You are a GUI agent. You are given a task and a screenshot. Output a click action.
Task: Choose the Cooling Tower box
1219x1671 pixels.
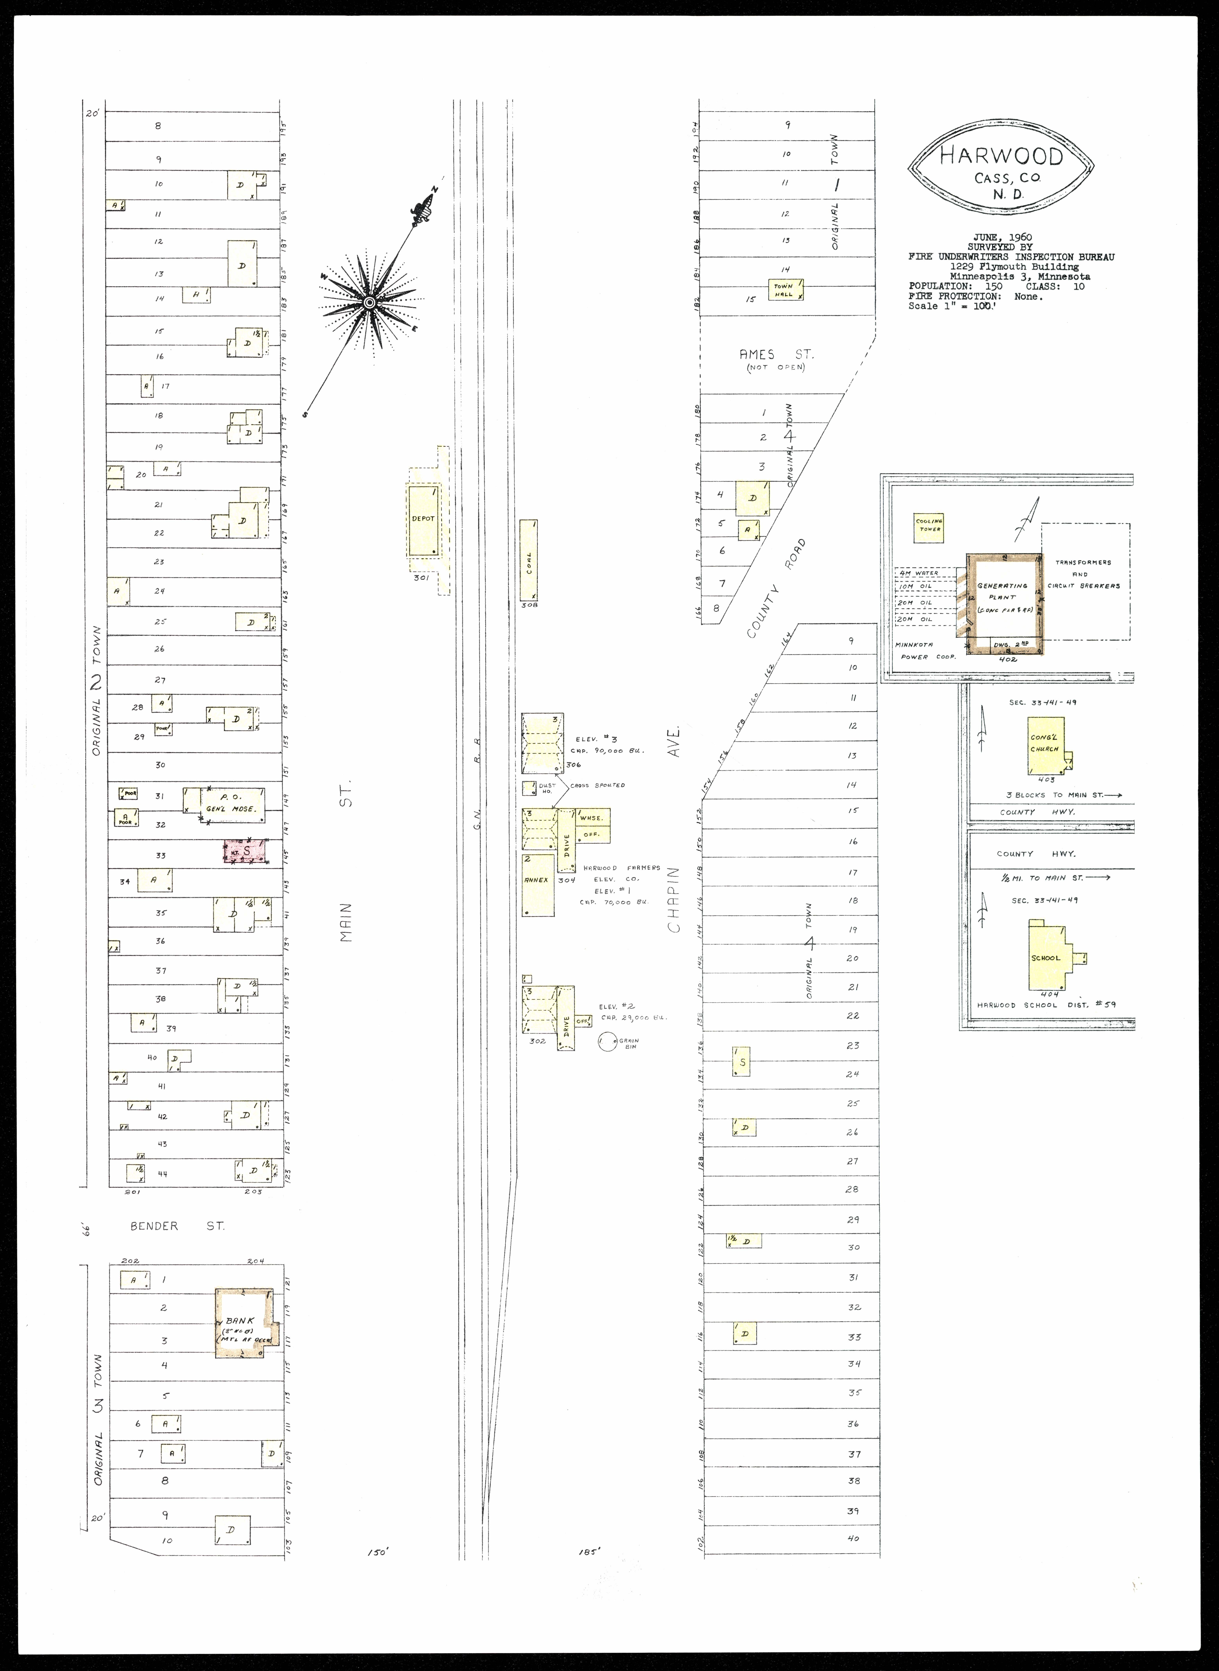pos(928,527)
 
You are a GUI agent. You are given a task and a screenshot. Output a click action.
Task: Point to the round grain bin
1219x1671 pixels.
pos(607,1042)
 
